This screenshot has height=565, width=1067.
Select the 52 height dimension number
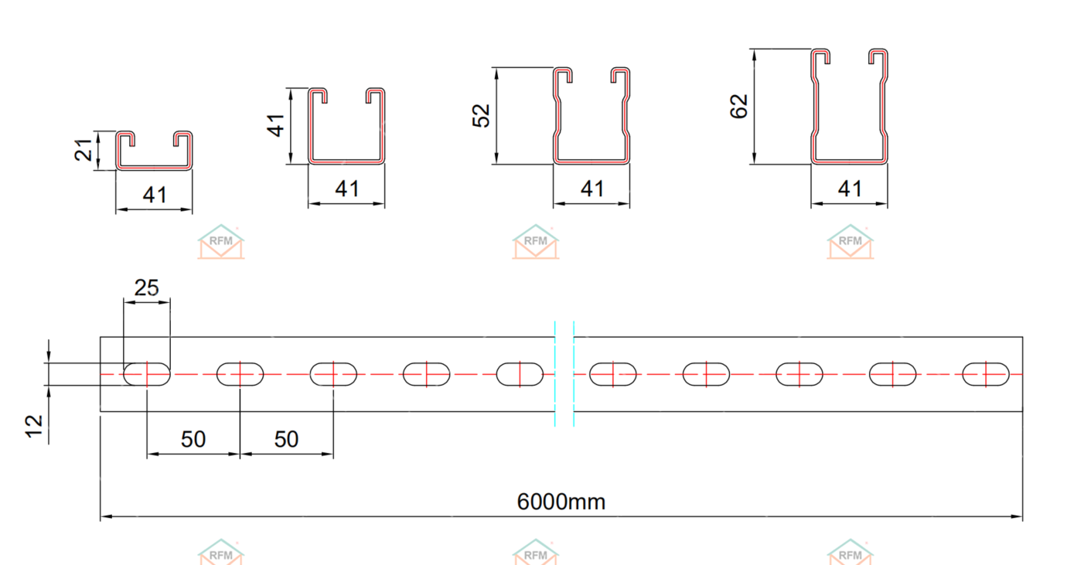pyautogui.click(x=482, y=115)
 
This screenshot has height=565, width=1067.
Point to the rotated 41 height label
pyautogui.click(x=277, y=124)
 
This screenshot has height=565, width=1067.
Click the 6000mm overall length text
pyautogui.click(x=561, y=502)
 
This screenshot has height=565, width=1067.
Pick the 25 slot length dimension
pyautogui.click(x=146, y=288)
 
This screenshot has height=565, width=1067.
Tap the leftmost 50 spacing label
pyautogui.click(x=193, y=439)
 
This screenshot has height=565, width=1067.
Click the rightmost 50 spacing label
pyautogui.click(x=286, y=439)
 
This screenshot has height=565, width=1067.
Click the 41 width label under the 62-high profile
pyautogui.click(x=849, y=188)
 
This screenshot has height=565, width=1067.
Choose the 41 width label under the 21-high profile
pyautogui.click(x=155, y=194)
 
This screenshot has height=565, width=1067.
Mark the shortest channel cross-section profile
pyautogui.click(x=154, y=151)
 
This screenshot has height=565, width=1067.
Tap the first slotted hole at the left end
pyautogui.click(x=147, y=374)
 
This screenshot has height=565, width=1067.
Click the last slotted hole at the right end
pyautogui.click(x=986, y=374)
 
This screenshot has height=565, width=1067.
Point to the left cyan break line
pyautogui.click(x=555, y=373)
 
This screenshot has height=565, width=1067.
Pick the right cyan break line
pyautogui.click(x=574, y=373)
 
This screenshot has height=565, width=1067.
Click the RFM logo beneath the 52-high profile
pyautogui.click(x=536, y=242)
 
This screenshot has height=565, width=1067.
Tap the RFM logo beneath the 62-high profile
pyautogui.click(x=850, y=242)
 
